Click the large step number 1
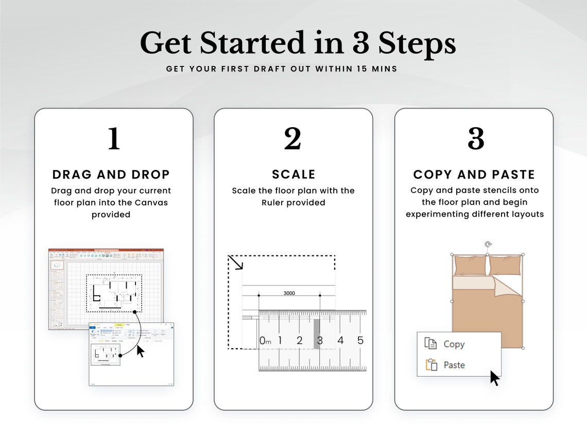[x=114, y=139]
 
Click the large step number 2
[x=293, y=139]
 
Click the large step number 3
[x=475, y=139]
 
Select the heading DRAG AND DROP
[x=111, y=174]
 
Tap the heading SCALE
[x=293, y=174]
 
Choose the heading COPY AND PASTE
[x=474, y=174]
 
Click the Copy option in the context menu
[x=454, y=344]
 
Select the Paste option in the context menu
[x=454, y=365]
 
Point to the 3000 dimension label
[x=289, y=293]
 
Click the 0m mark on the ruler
[x=265, y=340]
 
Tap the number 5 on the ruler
[x=360, y=340]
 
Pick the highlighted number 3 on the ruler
[x=319, y=340]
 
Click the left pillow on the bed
[x=470, y=266]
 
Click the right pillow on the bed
[x=504, y=266]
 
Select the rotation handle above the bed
[x=488, y=244]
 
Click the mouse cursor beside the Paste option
[x=494, y=378]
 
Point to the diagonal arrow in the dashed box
[x=236, y=263]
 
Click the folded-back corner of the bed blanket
[x=508, y=285]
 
